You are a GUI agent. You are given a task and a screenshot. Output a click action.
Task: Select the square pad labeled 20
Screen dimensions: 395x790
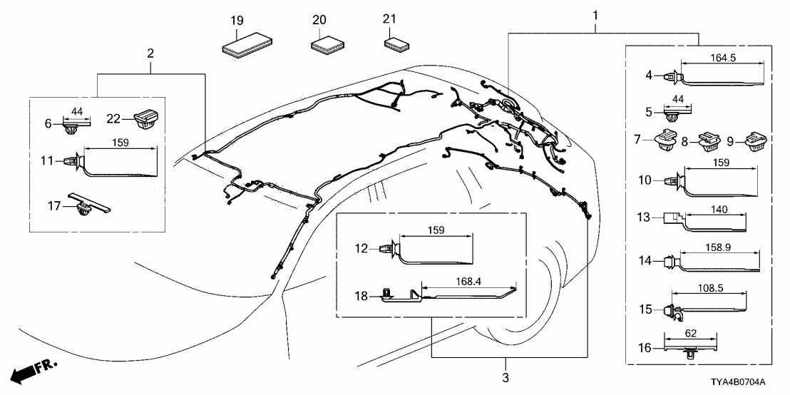328,46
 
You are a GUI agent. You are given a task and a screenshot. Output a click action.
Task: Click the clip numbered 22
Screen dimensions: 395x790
146,118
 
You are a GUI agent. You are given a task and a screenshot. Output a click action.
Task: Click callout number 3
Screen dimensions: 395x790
506,376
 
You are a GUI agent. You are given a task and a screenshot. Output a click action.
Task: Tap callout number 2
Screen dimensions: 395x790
150,53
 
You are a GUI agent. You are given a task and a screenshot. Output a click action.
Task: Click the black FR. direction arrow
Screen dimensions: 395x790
26,371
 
